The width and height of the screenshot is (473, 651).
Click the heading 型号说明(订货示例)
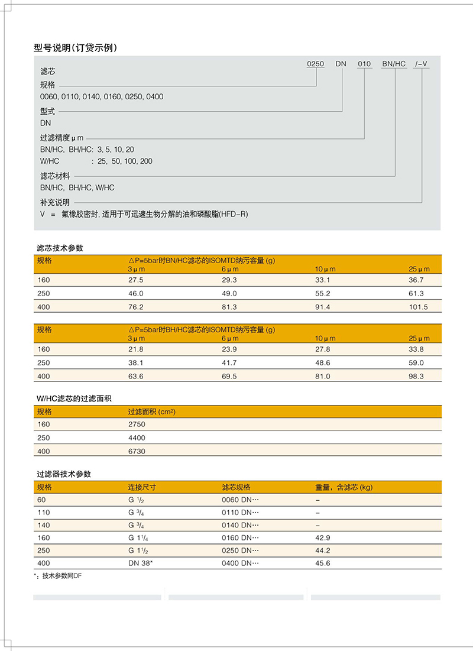pos(76,48)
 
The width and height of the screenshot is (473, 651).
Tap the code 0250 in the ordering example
pos(316,64)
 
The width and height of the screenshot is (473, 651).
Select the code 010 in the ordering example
pos(364,64)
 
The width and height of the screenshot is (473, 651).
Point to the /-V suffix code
pos(422,64)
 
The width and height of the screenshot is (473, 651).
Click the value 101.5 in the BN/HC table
pos(417,307)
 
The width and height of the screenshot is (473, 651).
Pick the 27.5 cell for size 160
pos(136,280)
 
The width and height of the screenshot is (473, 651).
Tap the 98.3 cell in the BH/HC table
pos(417,376)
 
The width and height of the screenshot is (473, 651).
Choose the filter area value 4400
pos(137,438)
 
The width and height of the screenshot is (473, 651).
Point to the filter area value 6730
pos(137,451)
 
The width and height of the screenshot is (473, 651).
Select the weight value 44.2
pos(323,550)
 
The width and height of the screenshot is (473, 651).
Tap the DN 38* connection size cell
pos(141,563)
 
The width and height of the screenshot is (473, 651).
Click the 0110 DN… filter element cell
pos(240,512)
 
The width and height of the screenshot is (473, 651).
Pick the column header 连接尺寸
pos(142,487)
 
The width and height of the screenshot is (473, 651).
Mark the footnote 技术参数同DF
pos(60,576)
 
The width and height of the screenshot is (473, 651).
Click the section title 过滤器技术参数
pos(64,474)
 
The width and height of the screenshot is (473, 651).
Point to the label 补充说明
pos(55,202)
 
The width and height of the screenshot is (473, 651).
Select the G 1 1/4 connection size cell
pos(138,538)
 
